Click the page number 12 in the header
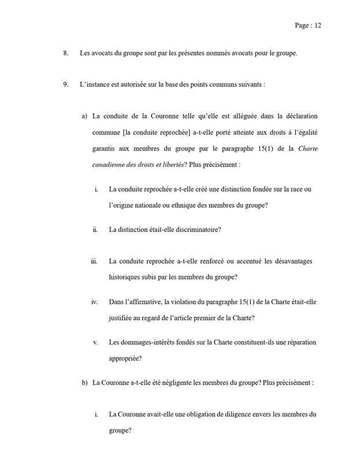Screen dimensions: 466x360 (x=317, y=25)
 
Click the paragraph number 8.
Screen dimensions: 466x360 (x=65, y=54)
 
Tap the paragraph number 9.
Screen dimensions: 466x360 (x=65, y=85)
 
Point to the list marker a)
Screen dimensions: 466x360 (x=84, y=116)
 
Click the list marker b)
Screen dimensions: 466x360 (x=84, y=383)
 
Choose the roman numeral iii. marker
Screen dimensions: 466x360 (x=94, y=261)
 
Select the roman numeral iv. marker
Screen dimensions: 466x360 (x=94, y=301)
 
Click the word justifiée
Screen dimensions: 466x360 (x=123, y=318)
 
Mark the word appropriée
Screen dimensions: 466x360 (x=125, y=358)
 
